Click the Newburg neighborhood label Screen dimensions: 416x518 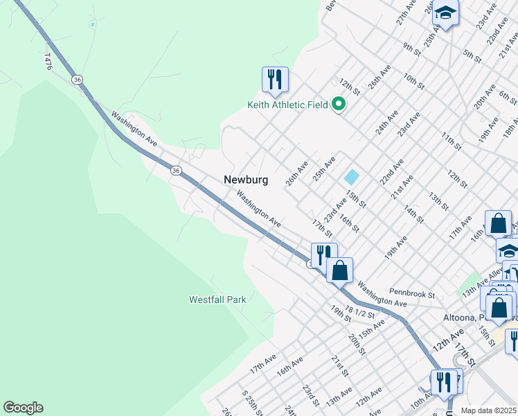[x=245, y=180]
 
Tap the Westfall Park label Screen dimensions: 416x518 [x=217, y=300]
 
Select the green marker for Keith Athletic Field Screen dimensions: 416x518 [x=339, y=105]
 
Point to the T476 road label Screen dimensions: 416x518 [x=48, y=61]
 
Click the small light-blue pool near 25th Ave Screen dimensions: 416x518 [x=352, y=177]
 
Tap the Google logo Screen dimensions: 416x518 [x=23, y=408]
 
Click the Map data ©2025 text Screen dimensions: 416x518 [x=488, y=410]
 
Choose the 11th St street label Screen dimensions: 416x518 [x=451, y=139]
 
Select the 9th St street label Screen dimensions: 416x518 [x=412, y=48]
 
